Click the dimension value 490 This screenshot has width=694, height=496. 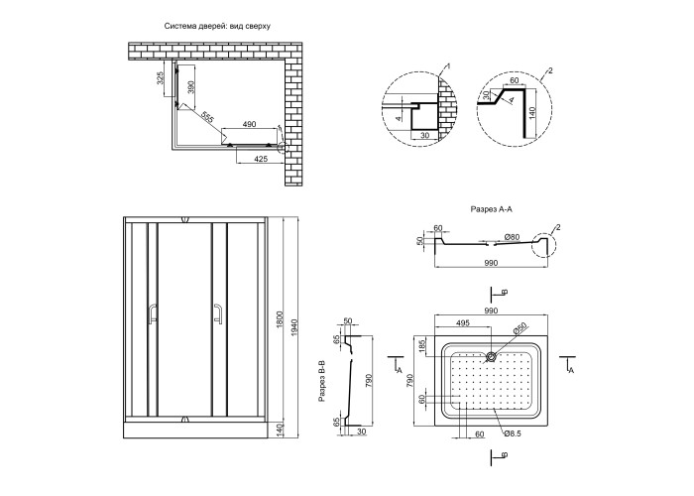(249, 124)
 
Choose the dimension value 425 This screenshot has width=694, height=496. (261, 159)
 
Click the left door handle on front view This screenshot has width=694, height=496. (151, 314)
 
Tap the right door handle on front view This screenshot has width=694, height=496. (214, 314)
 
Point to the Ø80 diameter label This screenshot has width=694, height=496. (512, 237)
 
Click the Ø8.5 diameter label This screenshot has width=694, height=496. (514, 433)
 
